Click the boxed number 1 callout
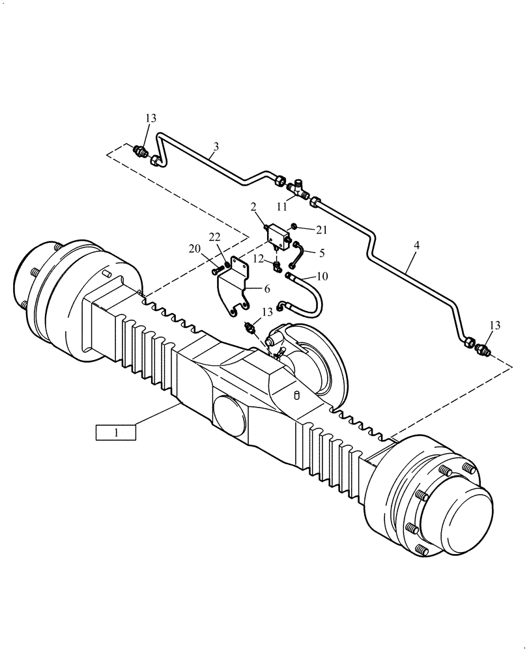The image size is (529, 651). (x=115, y=432)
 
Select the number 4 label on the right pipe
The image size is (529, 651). (x=416, y=246)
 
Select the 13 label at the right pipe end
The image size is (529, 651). (x=496, y=325)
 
